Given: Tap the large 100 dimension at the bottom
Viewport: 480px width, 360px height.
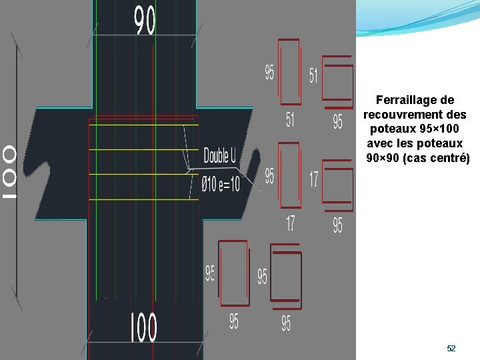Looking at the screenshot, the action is (x=144, y=328).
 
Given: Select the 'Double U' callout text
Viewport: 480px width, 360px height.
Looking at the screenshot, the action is (x=220, y=156).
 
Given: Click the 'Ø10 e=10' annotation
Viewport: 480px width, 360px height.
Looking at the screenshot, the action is (x=220, y=181).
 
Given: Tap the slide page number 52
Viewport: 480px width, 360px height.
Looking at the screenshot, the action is (x=451, y=349).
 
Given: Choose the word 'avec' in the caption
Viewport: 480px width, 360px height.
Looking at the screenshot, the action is (x=379, y=143).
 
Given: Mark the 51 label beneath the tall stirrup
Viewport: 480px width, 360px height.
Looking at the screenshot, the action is (x=290, y=121).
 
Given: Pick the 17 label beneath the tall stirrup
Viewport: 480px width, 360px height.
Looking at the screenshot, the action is (x=290, y=223).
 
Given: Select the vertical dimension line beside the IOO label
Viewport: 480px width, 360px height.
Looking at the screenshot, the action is (x=17, y=173).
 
